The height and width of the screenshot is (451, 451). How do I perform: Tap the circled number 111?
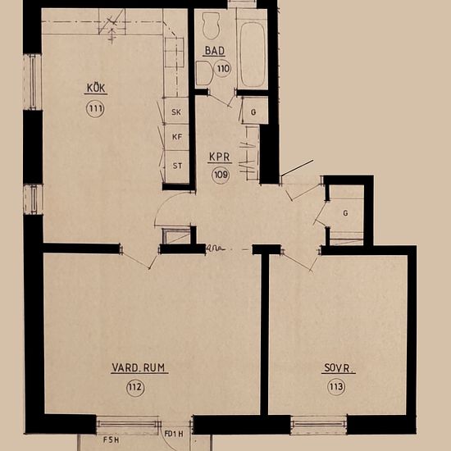[95, 108]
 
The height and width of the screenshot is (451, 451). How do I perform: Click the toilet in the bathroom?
[212, 27]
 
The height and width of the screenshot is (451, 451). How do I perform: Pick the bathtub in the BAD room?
[252, 49]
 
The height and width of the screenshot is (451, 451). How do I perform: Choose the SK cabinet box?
[175, 112]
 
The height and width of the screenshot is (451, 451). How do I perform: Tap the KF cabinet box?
[175, 138]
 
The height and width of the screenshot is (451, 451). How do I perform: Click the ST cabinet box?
[175, 165]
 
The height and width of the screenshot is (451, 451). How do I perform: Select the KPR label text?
[219, 156]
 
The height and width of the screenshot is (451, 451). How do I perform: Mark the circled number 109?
[220, 174]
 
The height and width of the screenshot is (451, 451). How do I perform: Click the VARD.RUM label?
[139, 368]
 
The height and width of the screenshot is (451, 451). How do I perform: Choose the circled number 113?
[336, 388]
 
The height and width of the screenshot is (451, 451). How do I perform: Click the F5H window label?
[111, 440]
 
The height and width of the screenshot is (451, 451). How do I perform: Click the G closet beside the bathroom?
[253, 111]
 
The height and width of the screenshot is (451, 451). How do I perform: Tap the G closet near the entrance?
[345, 213]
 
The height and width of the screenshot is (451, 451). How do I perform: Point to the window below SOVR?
[319, 424]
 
